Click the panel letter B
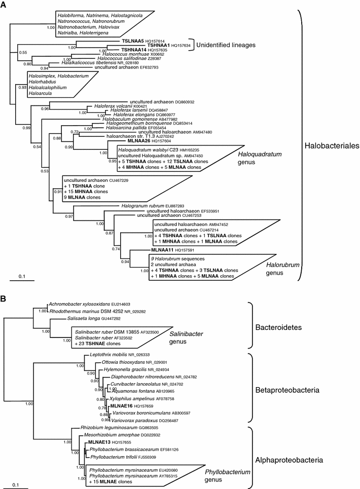click(5, 297)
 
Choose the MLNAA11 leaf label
click(163, 250)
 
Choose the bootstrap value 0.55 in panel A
click(22, 52)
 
